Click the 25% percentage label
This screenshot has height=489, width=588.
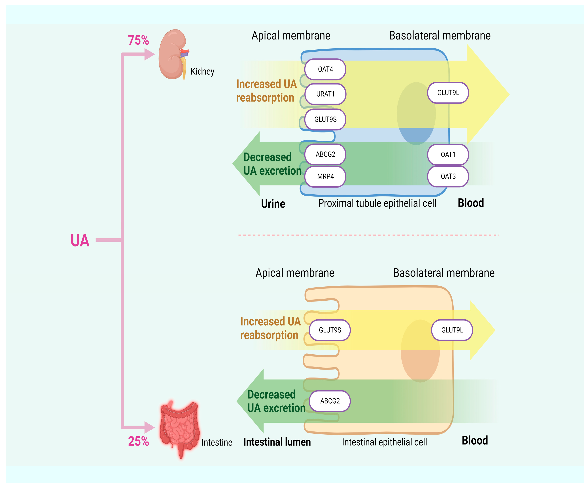coord(138,441)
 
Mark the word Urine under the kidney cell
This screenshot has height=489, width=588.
coord(273,204)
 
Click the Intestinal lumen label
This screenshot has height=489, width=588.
coord(277,442)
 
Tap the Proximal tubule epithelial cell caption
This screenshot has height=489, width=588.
coord(377,203)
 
